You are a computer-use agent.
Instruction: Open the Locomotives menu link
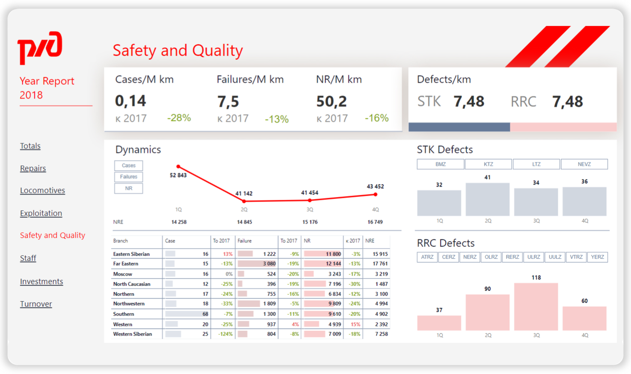42,191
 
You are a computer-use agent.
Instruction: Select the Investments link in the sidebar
41,282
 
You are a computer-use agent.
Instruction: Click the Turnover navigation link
36,304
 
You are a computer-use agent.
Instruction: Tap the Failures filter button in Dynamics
128,177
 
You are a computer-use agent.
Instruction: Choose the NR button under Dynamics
128,188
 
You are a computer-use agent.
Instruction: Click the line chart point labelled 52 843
178,167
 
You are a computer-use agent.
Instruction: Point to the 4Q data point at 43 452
375,194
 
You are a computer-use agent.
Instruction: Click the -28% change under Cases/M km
179,118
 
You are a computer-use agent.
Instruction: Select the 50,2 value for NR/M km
331,101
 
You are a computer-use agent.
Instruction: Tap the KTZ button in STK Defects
488,164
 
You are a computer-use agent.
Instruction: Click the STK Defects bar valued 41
488,199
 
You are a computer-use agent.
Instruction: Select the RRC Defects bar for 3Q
536,306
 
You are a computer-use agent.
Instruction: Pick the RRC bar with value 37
439,323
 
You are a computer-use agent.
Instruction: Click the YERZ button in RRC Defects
597,257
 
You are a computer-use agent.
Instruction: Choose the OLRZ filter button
491,257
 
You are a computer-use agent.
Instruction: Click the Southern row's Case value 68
205,314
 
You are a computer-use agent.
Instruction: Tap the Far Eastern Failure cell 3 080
269,264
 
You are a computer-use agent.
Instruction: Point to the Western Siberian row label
133,334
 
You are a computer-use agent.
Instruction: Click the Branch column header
121,241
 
